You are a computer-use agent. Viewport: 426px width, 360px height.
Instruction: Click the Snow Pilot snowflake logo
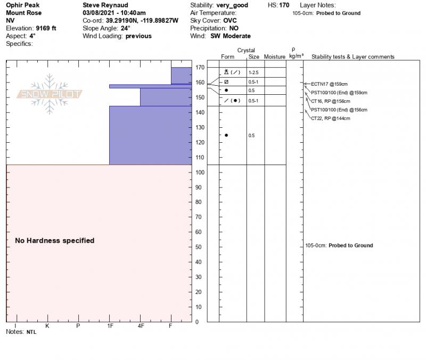[x=50, y=94]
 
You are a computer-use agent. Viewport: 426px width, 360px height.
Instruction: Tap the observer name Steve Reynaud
[x=105, y=5]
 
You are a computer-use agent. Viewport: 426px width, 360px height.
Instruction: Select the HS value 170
[x=284, y=5]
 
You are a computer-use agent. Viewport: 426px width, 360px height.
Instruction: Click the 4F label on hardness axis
[x=141, y=325]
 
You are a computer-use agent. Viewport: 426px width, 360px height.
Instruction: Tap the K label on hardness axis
[x=47, y=325]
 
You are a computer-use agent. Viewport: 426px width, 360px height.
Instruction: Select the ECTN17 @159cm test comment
[x=329, y=84]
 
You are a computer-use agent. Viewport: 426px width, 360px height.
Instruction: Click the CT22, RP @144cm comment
[x=331, y=118]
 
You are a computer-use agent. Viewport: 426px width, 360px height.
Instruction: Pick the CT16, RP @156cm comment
[x=331, y=101]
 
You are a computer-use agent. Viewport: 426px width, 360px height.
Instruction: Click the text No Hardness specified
[x=54, y=241]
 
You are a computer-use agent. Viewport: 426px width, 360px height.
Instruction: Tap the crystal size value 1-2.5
[x=254, y=72]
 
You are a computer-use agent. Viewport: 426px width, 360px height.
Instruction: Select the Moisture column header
[x=275, y=57]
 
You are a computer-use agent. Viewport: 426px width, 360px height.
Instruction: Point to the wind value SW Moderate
[x=231, y=36]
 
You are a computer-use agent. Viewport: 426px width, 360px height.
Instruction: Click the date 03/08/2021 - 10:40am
[x=114, y=13]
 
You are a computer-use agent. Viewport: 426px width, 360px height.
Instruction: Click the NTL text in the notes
[x=31, y=332]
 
